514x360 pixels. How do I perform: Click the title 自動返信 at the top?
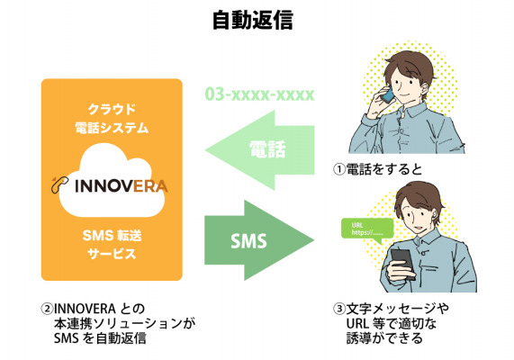point(253,21)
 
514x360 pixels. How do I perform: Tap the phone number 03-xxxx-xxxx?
point(259,94)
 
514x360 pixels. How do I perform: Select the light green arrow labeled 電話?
point(259,150)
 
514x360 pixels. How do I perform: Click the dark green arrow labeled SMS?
point(259,240)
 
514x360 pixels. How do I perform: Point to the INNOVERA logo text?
point(122,186)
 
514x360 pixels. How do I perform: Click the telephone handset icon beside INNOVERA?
point(59,184)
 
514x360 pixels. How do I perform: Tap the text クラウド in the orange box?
point(112,109)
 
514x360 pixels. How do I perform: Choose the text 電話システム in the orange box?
point(112,128)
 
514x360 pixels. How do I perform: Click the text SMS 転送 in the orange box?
point(112,236)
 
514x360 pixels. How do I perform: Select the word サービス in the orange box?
point(112,254)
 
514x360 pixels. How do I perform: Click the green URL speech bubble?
point(367,229)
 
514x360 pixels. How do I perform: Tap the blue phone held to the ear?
point(388,94)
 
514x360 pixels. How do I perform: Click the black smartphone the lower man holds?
point(402,264)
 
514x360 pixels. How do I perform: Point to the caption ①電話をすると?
point(378,169)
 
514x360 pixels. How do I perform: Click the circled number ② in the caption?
point(47,309)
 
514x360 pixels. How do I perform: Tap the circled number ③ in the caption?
point(339,309)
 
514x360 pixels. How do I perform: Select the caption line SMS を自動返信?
point(100,338)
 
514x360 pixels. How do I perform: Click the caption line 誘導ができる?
point(384,338)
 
